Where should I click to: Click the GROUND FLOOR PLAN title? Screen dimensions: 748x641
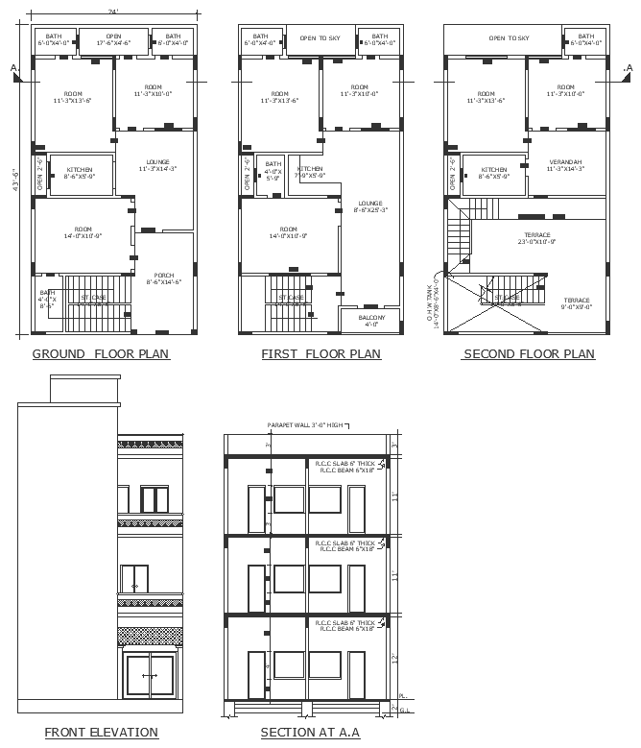click(101, 354)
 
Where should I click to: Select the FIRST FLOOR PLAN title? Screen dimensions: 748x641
click(320, 354)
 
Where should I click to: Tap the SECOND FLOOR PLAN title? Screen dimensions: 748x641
click(529, 354)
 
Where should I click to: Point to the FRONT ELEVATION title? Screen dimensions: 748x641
click(101, 733)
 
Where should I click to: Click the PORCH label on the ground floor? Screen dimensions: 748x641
click(164, 277)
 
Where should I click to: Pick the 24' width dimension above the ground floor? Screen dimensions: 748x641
click(113, 12)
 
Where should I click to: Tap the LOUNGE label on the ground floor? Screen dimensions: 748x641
click(157, 164)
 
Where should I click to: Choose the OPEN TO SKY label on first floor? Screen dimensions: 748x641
click(320, 38)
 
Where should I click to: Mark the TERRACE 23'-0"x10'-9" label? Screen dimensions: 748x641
click(536, 238)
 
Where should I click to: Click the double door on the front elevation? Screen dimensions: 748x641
click(150, 677)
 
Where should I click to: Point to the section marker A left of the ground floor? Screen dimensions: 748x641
click(13, 68)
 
